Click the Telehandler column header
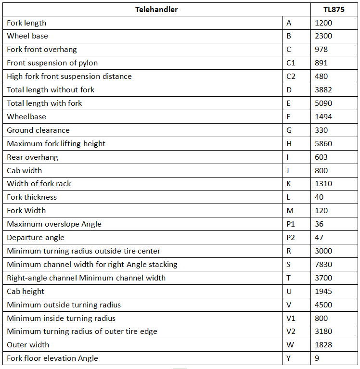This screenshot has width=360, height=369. coord(156,9)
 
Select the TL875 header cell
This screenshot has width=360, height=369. coord(334,9)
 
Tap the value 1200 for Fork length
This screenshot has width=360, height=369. coord(323,23)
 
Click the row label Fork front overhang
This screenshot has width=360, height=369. coord(42,50)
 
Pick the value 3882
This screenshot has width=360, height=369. coord(323,90)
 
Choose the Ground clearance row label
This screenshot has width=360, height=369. coord(38,130)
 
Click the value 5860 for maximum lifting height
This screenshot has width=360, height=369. coord(323,144)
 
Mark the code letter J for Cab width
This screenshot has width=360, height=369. coord(288,170)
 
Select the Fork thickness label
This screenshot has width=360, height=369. coord(32,197)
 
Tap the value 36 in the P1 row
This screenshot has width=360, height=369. coord(319,224)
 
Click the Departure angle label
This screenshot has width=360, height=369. coord(36,238)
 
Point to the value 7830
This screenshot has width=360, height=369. coord(323,265)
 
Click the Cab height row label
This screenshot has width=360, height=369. coord(26,291)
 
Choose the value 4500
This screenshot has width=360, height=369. coord(323,305)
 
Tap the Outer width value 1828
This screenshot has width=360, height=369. coord(323,345)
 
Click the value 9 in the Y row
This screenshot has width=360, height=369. coord(317,358)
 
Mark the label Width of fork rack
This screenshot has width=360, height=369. coord(39,184)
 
